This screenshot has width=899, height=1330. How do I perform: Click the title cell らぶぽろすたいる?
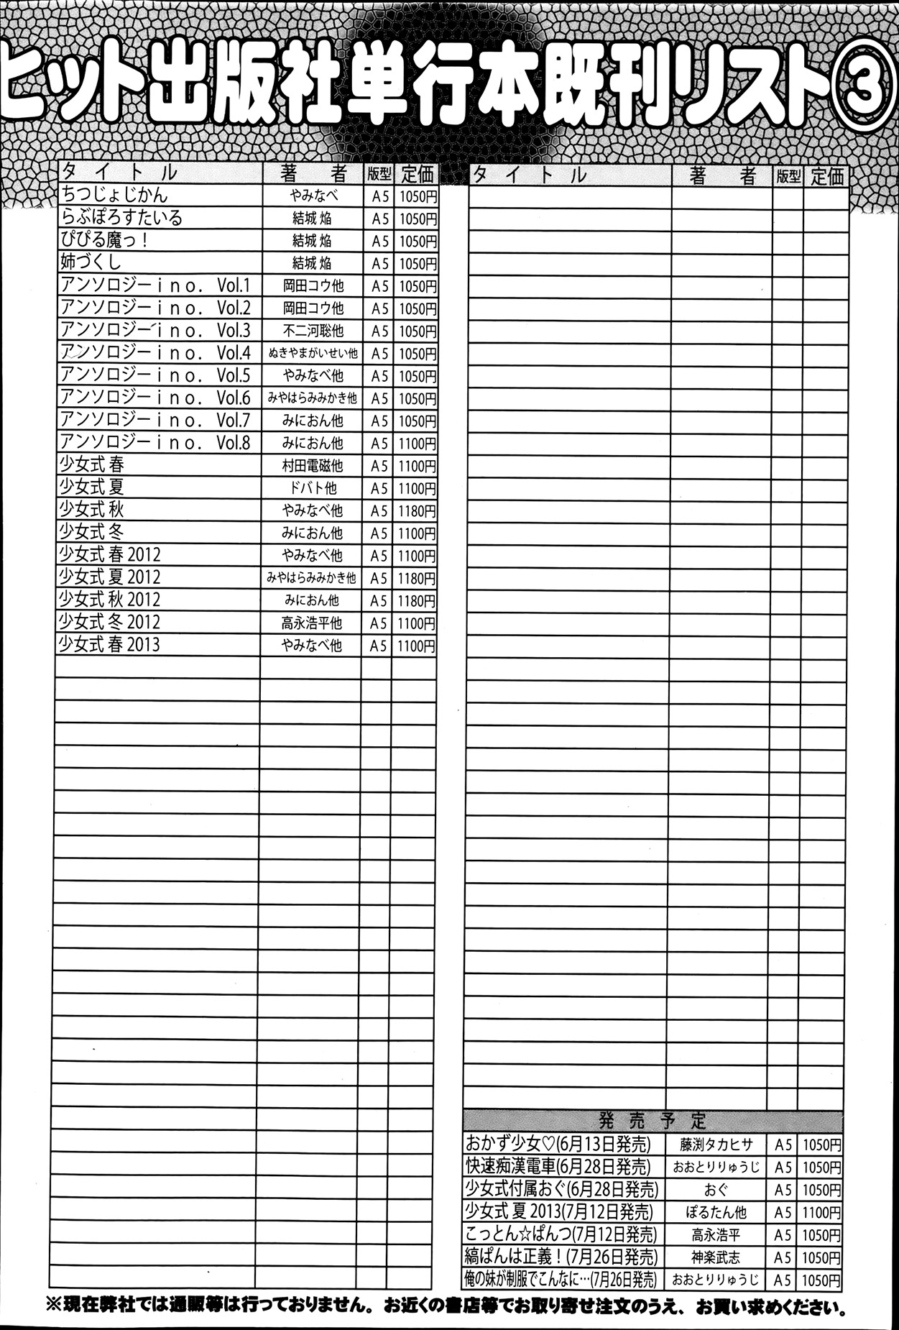121,218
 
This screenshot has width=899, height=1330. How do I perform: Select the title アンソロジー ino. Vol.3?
155,330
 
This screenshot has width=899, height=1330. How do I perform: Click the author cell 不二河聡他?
312,331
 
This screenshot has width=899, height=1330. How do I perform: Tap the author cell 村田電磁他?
312,466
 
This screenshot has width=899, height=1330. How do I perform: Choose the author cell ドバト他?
312,488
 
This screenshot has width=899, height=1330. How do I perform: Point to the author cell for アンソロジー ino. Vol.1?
312,285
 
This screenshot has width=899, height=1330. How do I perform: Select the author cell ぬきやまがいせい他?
312,354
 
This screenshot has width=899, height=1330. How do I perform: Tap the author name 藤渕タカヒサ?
716,1145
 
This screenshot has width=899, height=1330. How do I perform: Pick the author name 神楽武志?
716,1257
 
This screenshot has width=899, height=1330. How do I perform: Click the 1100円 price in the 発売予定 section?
821,1212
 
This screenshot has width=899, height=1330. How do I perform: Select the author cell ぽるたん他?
716,1212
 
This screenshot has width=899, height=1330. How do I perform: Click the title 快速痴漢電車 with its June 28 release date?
558,1166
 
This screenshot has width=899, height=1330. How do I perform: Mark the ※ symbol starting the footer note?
54,1305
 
